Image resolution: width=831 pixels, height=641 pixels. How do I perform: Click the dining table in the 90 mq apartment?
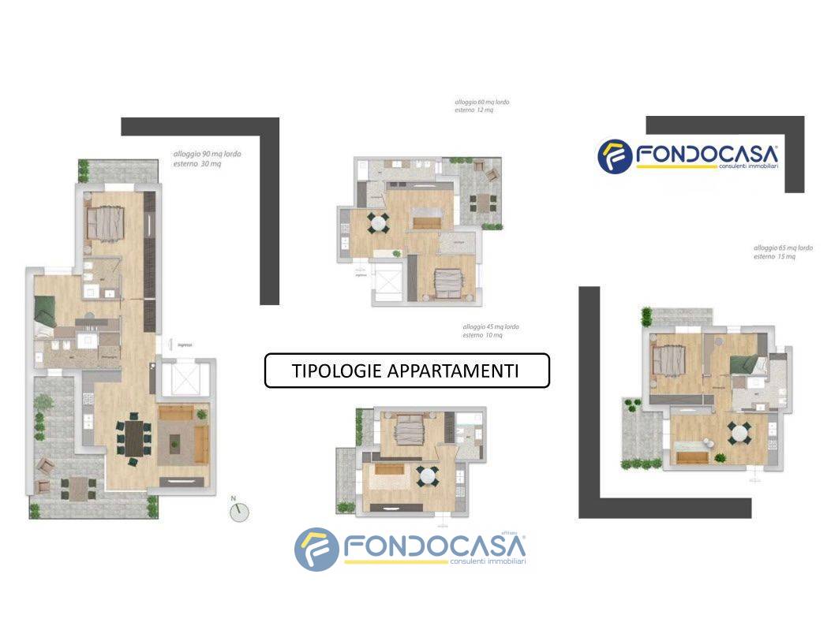136,438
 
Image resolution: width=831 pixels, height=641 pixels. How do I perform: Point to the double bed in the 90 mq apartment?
106,222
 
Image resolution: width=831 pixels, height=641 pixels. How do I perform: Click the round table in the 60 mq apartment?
379,223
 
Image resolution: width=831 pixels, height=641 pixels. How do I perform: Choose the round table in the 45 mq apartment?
428,475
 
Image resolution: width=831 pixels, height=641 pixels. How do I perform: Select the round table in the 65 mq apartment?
739,431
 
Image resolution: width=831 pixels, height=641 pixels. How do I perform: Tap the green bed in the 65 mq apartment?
746,365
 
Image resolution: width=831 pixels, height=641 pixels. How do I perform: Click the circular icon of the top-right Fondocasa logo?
616,156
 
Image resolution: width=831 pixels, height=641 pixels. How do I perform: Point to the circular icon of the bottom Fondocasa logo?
316,549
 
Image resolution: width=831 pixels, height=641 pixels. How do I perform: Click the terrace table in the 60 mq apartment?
481,203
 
